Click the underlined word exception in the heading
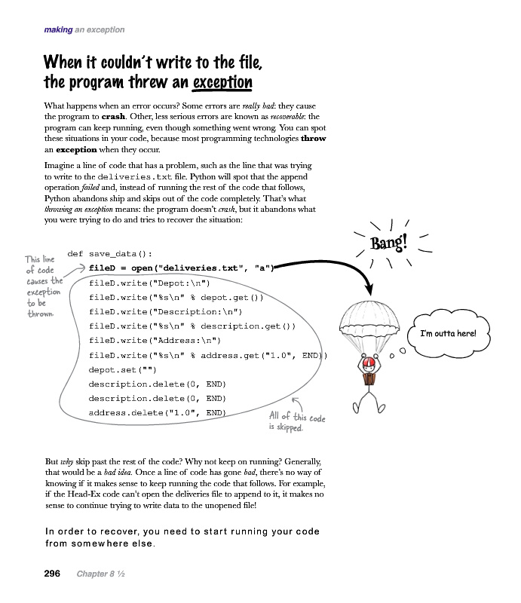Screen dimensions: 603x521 [222, 81]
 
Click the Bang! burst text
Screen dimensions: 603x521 [388, 243]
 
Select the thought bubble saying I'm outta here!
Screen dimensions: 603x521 [448, 333]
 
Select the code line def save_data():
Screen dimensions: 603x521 [110, 254]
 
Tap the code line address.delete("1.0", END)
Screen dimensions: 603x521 [158, 412]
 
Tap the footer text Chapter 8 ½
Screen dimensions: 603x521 [100, 574]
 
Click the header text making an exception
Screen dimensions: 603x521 [84, 30]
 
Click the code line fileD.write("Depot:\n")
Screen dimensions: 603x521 [144, 283]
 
